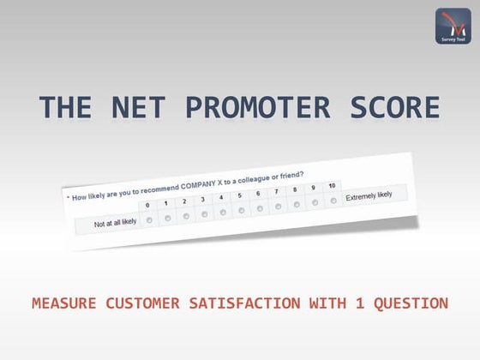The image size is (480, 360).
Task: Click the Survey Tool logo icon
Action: click(x=453, y=26)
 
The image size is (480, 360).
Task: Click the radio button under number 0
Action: click(x=150, y=220)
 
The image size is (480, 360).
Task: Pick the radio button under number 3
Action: click(x=205, y=214)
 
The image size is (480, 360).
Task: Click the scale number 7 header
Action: click(x=276, y=192)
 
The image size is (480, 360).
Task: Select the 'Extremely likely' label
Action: click(x=369, y=195)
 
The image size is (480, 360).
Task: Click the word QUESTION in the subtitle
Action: click(x=410, y=303)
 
